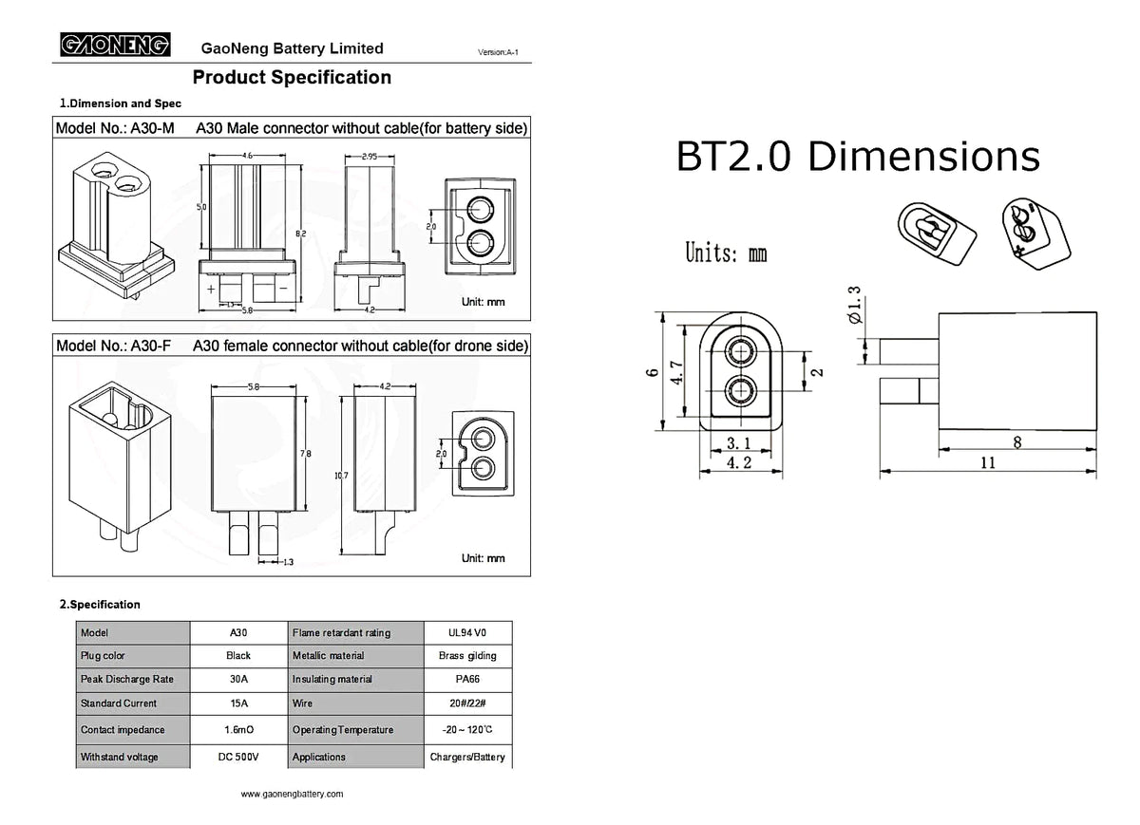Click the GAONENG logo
[115, 45]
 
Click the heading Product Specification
[292, 78]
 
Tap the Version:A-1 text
[498, 51]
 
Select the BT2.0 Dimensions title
[857, 157]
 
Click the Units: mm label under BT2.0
[726, 253]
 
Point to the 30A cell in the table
[238, 680]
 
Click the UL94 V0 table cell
[467, 632]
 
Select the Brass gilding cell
[467, 656]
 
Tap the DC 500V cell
[238, 758]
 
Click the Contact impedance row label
[123, 730]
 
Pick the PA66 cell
[467, 680]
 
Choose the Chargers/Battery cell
[467, 758]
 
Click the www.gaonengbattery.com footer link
[292, 794]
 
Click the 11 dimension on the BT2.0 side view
[988, 462]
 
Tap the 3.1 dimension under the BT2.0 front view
[739, 443]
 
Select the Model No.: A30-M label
[115, 128]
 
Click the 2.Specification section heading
[100, 605]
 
